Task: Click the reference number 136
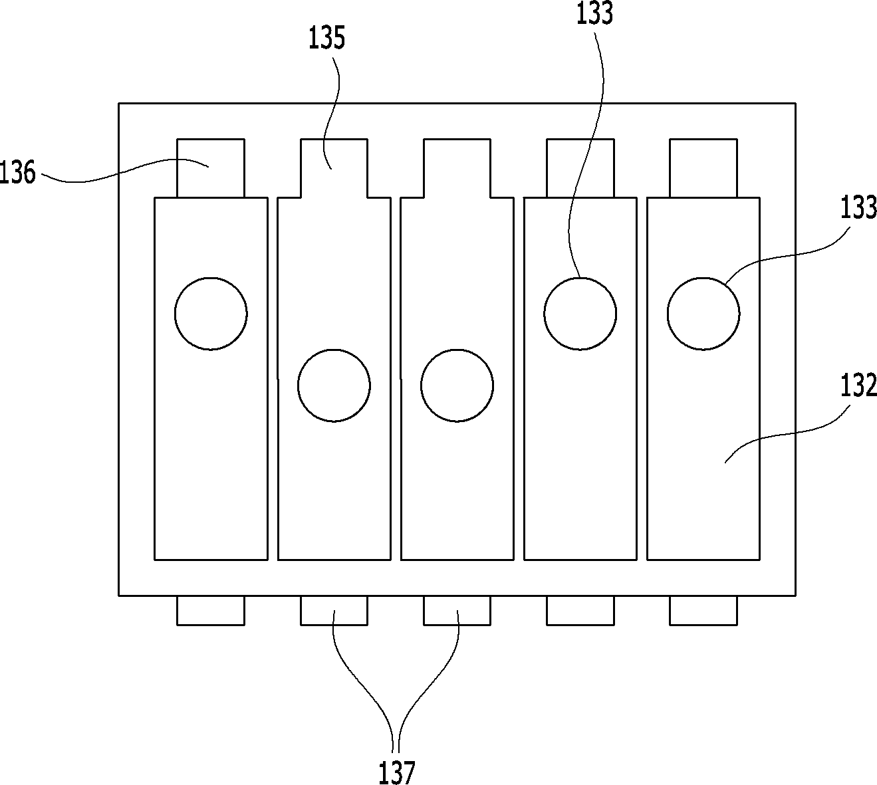coord(17,172)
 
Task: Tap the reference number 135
coord(327,38)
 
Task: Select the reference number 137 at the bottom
coord(396,772)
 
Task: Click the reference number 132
coord(858,386)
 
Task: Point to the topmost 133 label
coord(595,13)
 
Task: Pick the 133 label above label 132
coord(858,207)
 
